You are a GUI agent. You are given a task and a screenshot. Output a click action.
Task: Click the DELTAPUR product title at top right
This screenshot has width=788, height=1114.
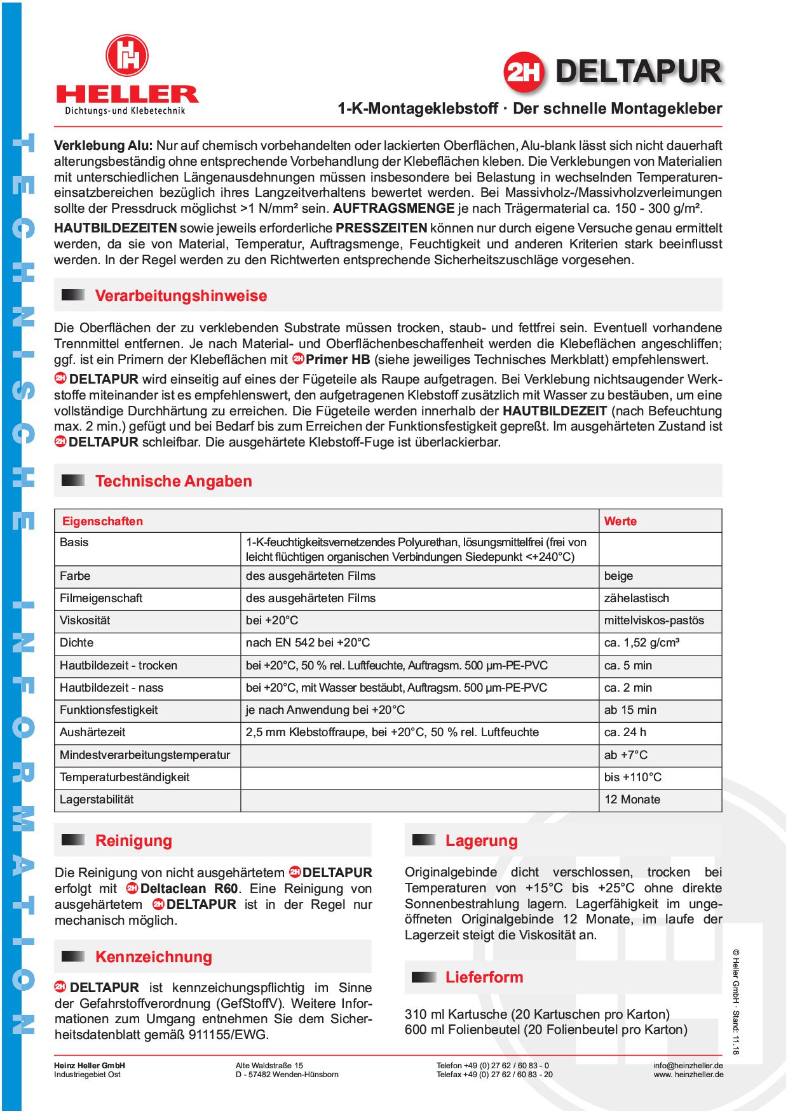tap(638, 72)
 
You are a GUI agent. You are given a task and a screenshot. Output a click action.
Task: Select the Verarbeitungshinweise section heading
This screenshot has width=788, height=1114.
tap(180, 295)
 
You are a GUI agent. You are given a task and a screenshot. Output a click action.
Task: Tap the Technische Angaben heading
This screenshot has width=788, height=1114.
tap(173, 481)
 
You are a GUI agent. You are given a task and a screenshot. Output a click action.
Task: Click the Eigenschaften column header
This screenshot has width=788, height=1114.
tap(102, 521)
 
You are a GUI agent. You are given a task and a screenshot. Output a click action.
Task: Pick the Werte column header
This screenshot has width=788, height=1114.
tap(620, 521)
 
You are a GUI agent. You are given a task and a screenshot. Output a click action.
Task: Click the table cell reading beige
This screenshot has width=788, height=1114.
tap(618, 576)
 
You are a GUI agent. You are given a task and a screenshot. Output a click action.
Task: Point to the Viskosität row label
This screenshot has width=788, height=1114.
tap(85, 621)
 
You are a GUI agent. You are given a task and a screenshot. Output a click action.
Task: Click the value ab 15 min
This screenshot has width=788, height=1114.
tap(630, 710)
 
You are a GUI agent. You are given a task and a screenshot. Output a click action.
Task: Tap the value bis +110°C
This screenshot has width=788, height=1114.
tap(632, 777)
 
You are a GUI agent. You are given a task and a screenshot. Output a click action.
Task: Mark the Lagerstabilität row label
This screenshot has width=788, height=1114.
tap(97, 800)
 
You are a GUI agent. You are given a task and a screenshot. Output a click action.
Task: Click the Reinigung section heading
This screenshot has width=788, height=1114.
tap(133, 840)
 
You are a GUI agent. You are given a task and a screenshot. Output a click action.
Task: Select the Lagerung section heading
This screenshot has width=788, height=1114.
tap(481, 840)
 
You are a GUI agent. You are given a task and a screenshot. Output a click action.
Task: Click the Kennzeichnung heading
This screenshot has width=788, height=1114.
tap(153, 956)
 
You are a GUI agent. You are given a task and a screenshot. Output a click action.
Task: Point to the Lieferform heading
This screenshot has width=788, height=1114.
tap(484, 977)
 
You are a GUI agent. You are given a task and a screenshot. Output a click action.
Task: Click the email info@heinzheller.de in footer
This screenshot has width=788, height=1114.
tap(688, 1065)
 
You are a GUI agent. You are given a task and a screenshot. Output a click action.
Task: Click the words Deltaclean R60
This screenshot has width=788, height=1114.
tap(189, 889)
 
